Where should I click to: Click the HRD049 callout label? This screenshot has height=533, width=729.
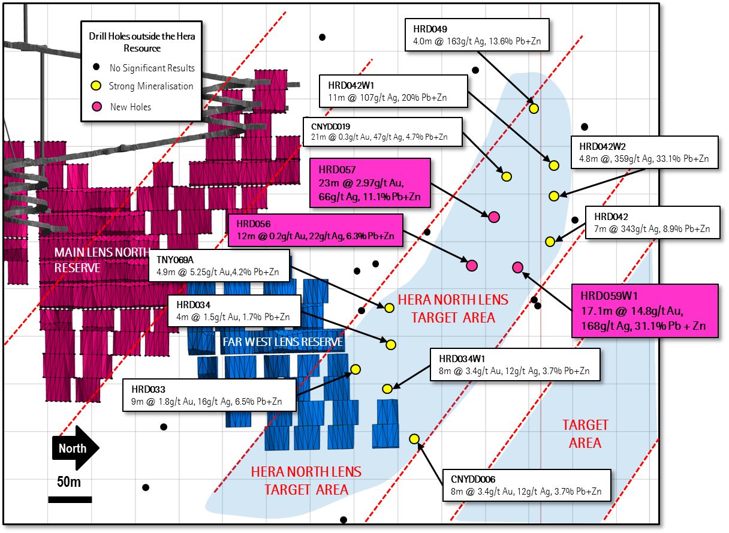[478, 35]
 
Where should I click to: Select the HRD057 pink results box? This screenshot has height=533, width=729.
[370, 183]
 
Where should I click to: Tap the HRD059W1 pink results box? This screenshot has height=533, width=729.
[644, 311]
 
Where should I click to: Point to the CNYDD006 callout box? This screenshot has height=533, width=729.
[526, 486]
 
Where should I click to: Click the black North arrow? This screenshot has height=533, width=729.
[76, 448]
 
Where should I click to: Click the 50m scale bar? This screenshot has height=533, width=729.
[70, 499]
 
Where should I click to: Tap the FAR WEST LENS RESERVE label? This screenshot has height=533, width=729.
[282, 342]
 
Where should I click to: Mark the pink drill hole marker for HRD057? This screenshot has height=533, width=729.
[494, 217]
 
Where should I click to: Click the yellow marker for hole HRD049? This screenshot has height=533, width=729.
[534, 109]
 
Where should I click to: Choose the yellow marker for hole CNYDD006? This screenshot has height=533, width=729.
[414, 439]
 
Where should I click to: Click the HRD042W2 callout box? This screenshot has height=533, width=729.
[644, 152]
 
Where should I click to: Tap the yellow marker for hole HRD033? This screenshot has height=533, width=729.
[355, 369]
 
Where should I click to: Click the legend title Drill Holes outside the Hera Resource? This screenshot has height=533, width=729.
[142, 42]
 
